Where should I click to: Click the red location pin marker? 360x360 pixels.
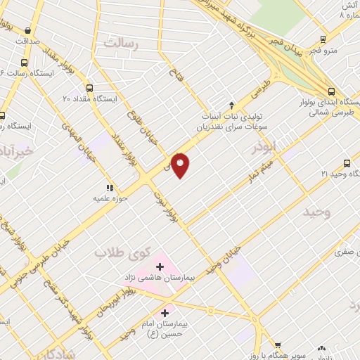181,165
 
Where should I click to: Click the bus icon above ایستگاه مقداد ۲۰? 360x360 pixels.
89,88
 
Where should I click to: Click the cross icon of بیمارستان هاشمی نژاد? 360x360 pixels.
160,266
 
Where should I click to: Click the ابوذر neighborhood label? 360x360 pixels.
267,149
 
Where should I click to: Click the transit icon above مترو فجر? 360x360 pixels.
323,39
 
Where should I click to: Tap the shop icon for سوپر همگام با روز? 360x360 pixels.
278,345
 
